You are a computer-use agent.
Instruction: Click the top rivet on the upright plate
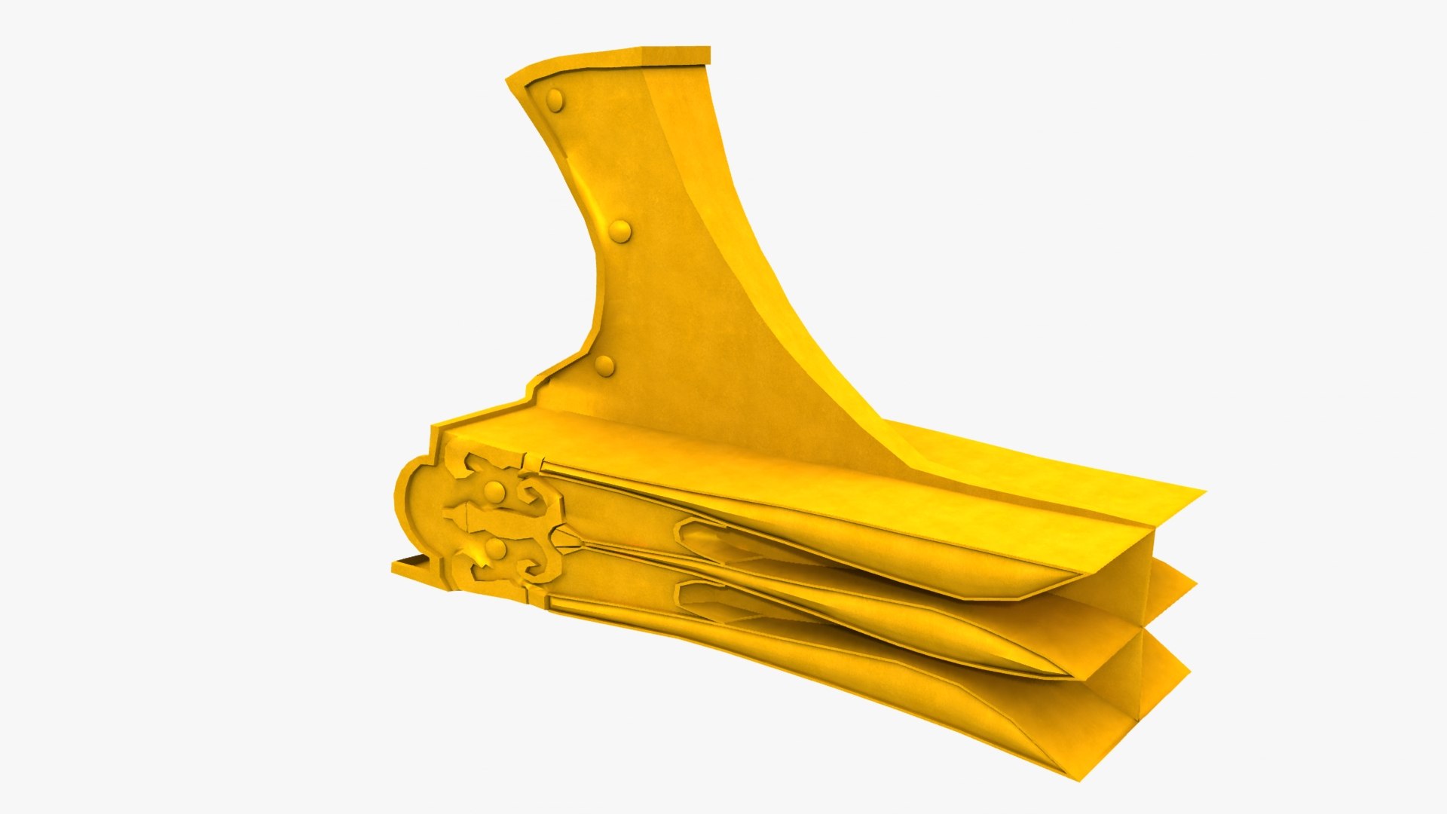[x=555, y=100]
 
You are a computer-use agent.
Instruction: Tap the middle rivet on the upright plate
[x=619, y=231]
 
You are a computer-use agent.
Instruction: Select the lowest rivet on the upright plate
[x=604, y=366]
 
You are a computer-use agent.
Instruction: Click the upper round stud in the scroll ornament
[x=494, y=493]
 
